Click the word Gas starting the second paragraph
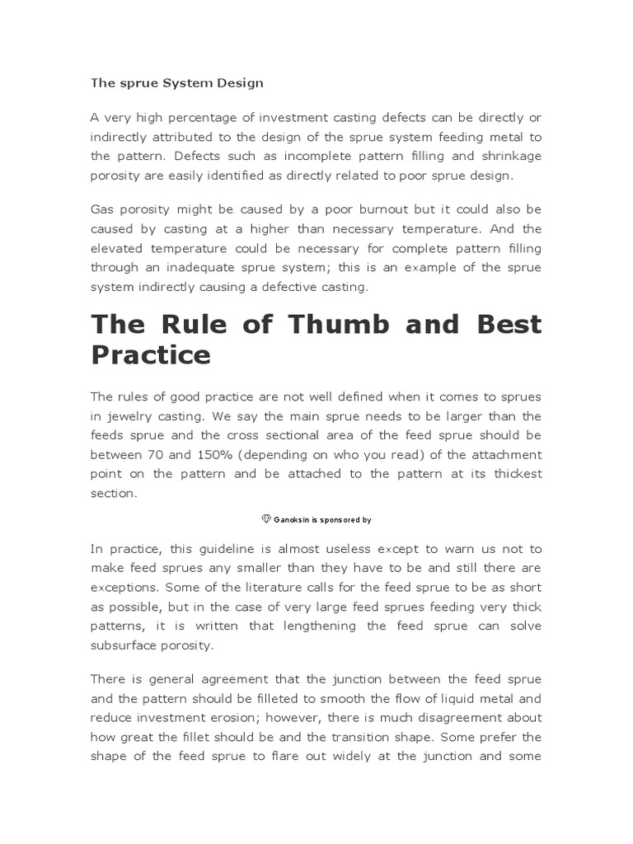(102, 209)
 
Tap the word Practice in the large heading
(150, 355)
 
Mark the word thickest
(513, 473)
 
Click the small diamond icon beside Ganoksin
(266, 519)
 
